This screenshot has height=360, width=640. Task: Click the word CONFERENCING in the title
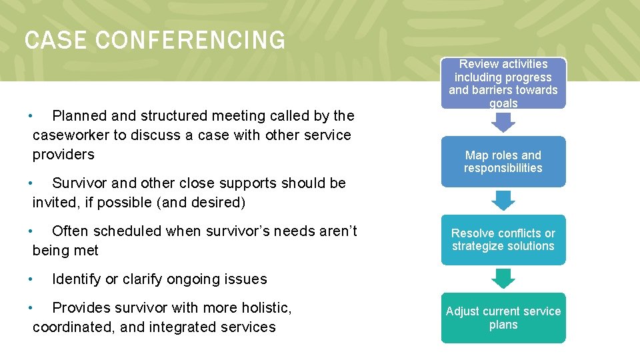191,41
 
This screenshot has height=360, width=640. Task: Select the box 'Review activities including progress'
503,83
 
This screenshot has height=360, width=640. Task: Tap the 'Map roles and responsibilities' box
503,161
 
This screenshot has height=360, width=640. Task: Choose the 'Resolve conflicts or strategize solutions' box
503,239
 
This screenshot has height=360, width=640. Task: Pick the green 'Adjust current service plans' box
503,318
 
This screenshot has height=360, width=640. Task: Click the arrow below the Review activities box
503,122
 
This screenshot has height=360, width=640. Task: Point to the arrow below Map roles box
503,200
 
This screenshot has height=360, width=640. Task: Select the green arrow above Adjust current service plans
503,278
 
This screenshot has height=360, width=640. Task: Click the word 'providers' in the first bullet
63,155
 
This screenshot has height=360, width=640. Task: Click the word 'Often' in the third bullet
71,231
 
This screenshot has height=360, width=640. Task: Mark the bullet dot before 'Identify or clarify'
31,279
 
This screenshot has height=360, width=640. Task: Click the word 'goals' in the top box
503,103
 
